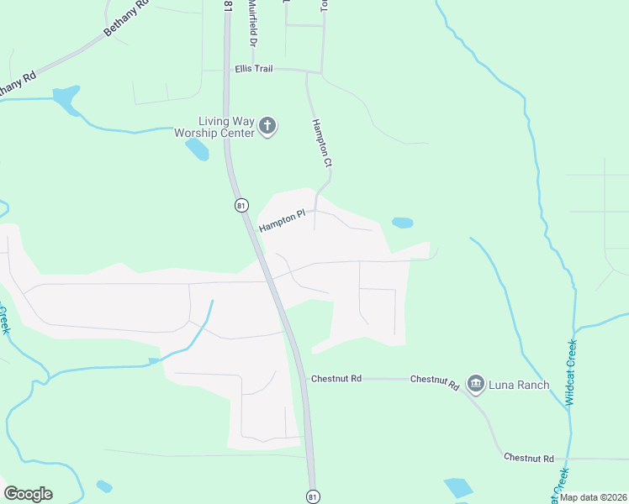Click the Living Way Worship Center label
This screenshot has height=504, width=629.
214,127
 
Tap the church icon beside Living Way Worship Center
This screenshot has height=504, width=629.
267,127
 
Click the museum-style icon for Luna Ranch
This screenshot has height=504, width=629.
475,385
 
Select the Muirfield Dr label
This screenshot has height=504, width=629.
251,24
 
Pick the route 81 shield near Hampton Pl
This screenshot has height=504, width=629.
242,206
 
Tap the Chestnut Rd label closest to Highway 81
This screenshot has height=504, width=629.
336,379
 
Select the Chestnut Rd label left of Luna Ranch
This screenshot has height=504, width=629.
435,381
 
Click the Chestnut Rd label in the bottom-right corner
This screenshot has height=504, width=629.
529,458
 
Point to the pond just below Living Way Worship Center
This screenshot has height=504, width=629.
197,150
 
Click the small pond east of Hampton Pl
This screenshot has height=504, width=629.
403,223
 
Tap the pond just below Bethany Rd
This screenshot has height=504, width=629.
66,99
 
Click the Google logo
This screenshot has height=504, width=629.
28,494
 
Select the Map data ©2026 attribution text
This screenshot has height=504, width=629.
592,497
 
